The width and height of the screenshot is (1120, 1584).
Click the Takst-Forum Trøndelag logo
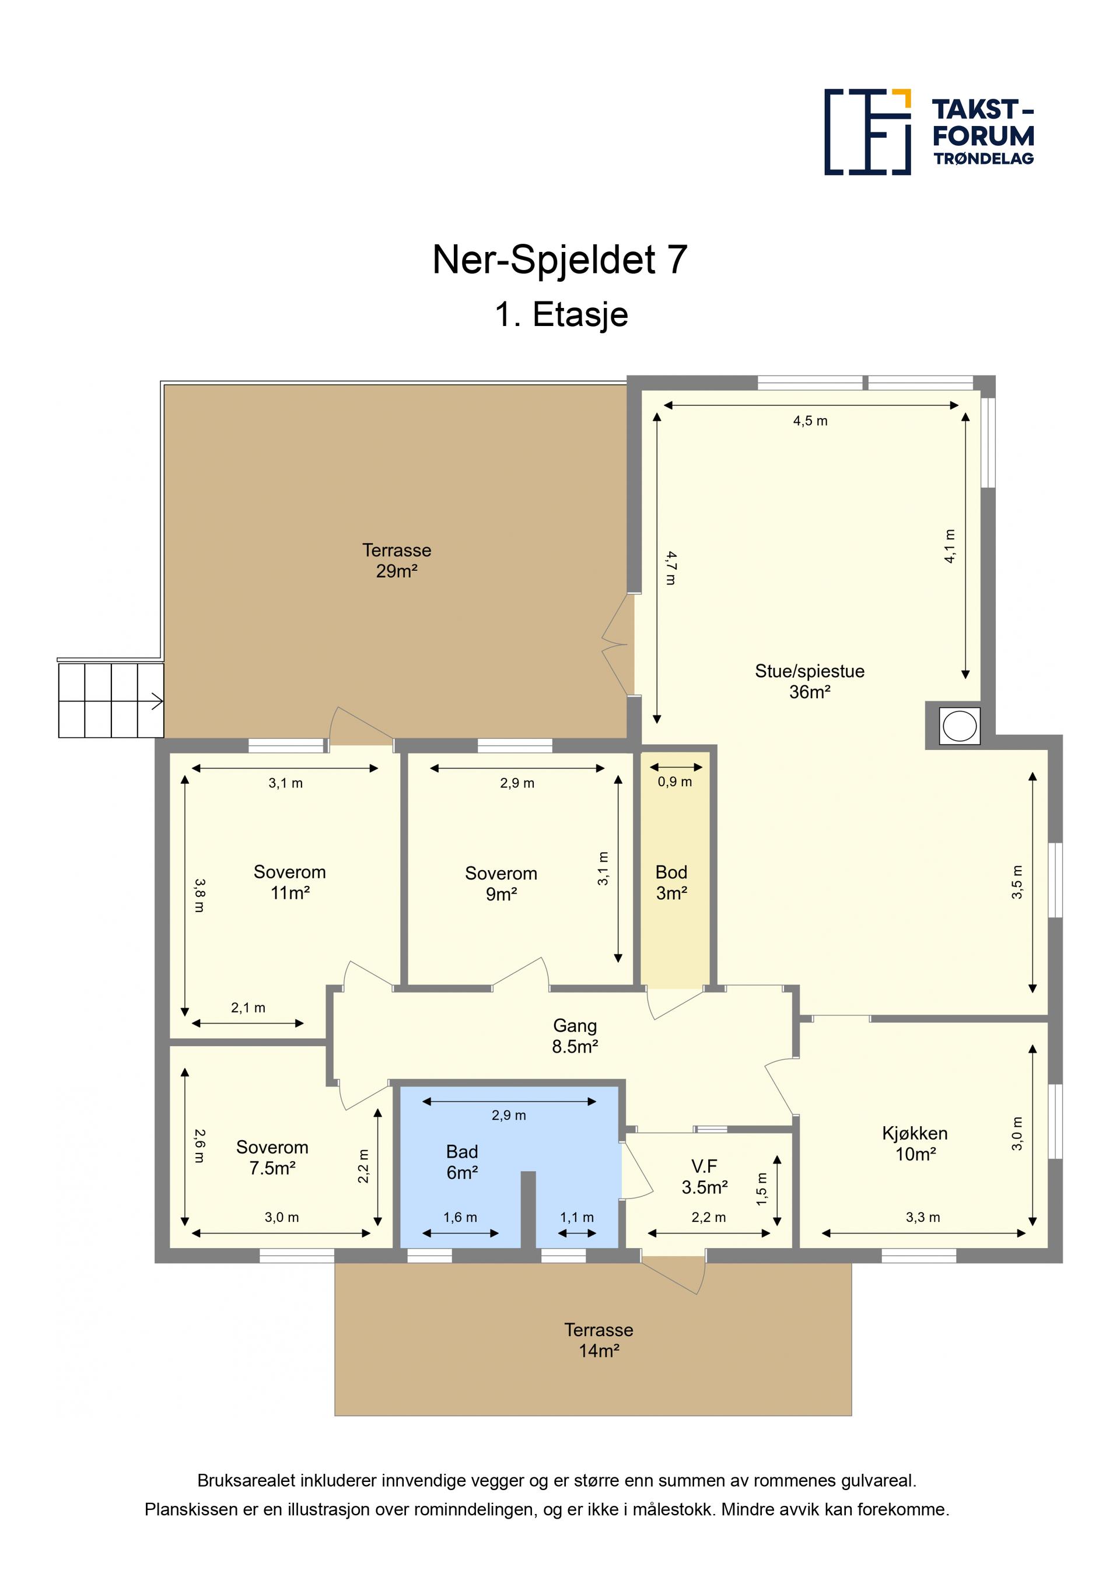[x=929, y=132]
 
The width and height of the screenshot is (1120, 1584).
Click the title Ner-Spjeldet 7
[x=559, y=260]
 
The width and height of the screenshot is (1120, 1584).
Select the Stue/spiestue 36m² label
[x=810, y=681]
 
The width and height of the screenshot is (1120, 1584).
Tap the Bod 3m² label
[x=671, y=882]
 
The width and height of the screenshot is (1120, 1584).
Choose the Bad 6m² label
[x=463, y=1162]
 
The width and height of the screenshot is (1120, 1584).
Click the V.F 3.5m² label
[x=705, y=1176]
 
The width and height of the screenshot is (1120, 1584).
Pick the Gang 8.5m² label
[x=575, y=1036]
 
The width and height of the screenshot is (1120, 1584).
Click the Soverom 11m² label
[x=290, y=882]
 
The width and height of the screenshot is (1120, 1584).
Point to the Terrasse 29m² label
[x=397, y=560]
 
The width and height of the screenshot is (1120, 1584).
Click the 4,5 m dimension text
[x=810, y=421]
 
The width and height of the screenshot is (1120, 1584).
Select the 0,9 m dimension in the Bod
[x=675, y=782]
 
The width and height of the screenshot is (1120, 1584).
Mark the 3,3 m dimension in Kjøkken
[x=923, y=1217]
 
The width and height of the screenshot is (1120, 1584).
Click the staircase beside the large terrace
[x=111, y=700]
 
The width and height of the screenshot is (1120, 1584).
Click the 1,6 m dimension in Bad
[x=460, y=1217]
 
